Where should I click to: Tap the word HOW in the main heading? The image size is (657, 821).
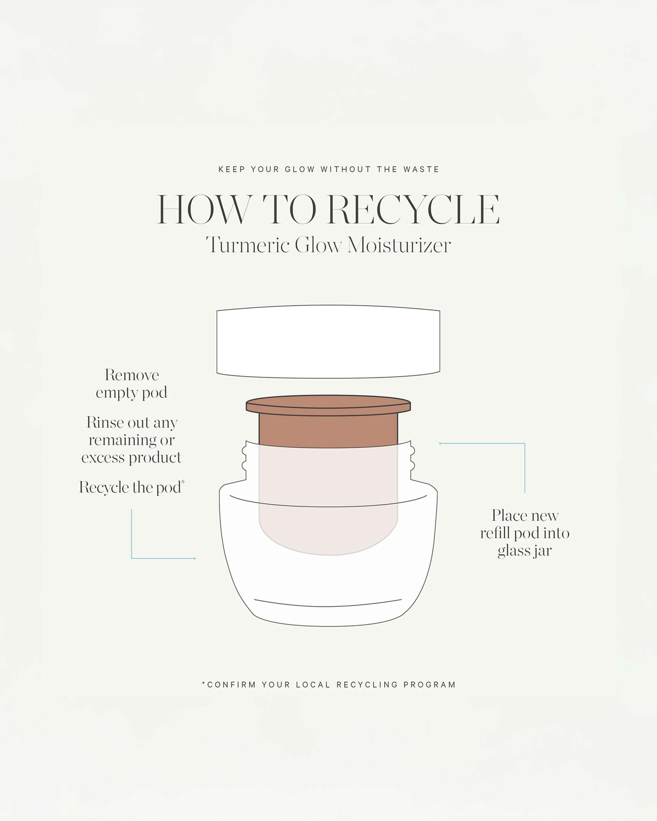click(x=204, y=210)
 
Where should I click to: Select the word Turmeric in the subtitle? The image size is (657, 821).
click(x=248, y=245)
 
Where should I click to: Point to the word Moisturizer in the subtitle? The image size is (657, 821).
click(x=399, y=245)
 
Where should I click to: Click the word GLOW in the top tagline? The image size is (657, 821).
click(x=300, y=170)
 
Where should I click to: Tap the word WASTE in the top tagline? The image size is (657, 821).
click(x=421, y=170)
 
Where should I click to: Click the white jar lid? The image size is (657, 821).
click(x=328, y=341)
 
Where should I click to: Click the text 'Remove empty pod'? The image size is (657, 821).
click(x=132, y=384)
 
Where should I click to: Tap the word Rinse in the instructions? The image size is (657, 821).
click(x=105, y=423)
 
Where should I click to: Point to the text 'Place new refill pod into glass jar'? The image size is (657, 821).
click(x=525, y=533)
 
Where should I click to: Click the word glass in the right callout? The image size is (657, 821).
click(x=513, y=551)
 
